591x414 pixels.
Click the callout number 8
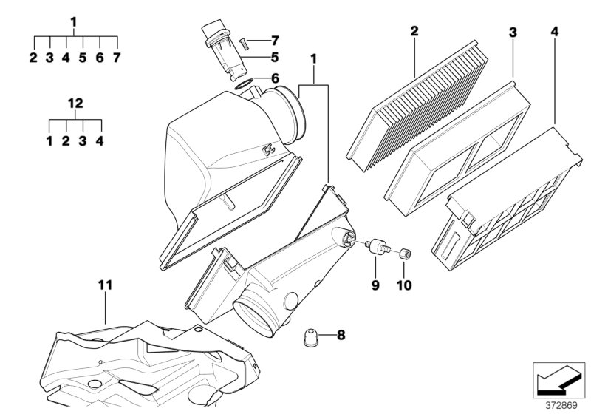click(x=341, y=336)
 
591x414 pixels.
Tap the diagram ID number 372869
click(x=562, y=404)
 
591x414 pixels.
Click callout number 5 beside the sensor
click(x=274, y=56)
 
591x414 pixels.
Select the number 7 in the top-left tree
click(x=116, y=57)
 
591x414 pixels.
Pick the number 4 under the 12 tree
click(x=99, y=140)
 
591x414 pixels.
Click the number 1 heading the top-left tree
click(x=74, y=21)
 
